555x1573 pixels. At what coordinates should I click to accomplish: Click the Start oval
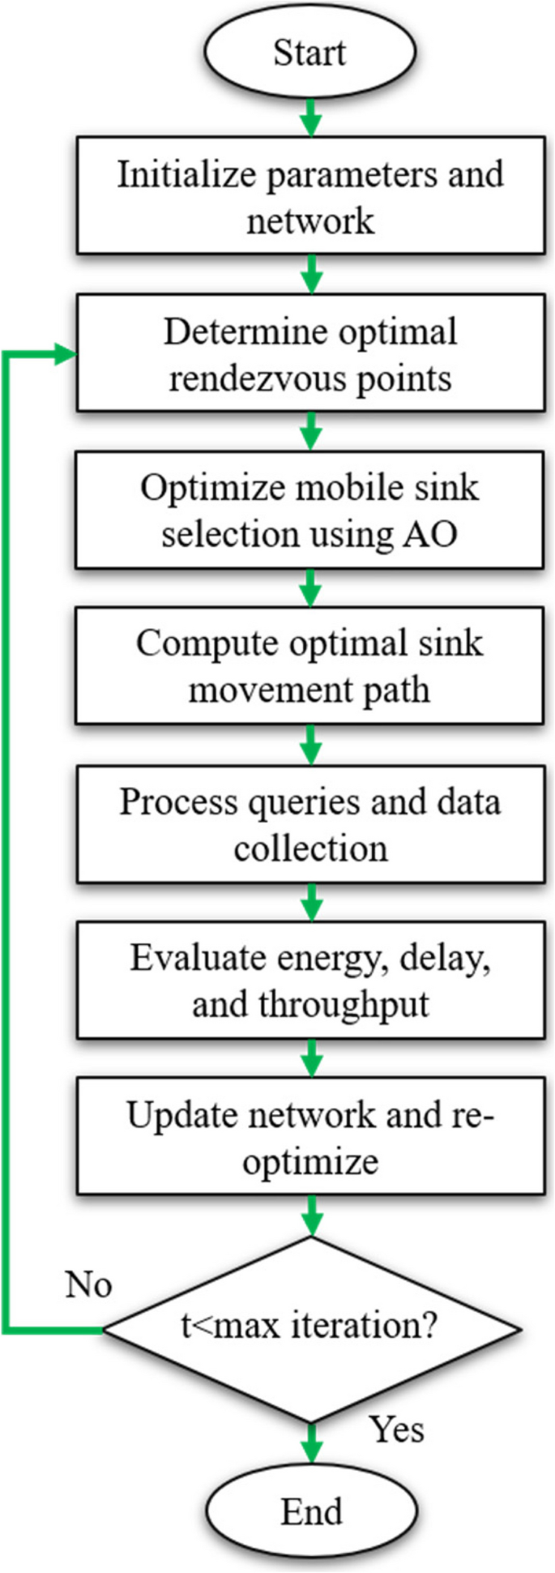pos(310,53)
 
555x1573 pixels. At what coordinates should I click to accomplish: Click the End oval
pos(311,1512)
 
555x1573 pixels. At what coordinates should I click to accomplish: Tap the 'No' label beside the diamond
pos(88,1285)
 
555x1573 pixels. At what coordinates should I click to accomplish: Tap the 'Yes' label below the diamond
pos(396,1429)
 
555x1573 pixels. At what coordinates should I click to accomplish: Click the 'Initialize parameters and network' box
pos(310,197)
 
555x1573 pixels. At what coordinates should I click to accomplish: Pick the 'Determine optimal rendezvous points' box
pos(310,354)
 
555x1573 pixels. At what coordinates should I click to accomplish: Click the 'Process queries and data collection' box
pos(310,824)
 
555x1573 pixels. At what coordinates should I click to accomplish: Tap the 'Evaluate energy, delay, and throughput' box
pos(310,981)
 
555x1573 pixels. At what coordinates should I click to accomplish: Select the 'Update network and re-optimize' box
pos(310,1137)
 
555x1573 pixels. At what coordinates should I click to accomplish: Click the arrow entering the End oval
pos(311,1450)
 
